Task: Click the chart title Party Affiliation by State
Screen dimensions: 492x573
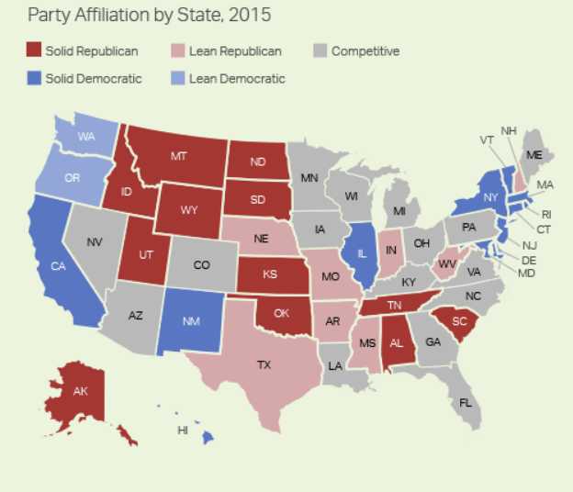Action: pyautogui.click(x=149, y=16)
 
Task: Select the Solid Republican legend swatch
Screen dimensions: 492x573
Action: pyautogui.click(x=33, y=51)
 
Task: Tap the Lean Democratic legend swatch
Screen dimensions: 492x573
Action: pyautogui.click(x=176, y=79)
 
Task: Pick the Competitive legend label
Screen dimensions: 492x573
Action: pyautogui.click(x=365, y=51)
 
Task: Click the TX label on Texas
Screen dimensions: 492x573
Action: pyautogui.click(x=264, y=364)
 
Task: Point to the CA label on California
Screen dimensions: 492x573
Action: pyautogui.click(x=57, y=266)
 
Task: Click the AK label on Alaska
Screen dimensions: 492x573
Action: pyautogui.click(x=80, y=391)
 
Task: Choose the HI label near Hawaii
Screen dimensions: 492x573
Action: pyautogui.click(x=183, y=430)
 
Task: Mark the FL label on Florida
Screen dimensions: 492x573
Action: pyautogui.click(x=466, y=402)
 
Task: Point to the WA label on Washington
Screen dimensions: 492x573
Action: pyautogui.click(x=86, y=136)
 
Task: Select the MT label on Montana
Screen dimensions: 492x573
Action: pyautogui.click(x=179, y=156)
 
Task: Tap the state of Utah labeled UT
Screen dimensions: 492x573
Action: pyautogui.click(x=146, y=254)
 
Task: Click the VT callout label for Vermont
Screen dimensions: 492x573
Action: pyautogui.click(x=486, y=140)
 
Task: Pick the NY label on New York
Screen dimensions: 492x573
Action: pyautogui.click(x=490, y=197)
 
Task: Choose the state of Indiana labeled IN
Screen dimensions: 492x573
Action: pyautogui.click(x=391, y=250)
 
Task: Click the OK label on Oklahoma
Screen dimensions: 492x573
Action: pyautogui.click(x=281, y=313)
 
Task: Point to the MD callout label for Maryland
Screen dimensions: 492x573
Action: pyautogui.click(x=526, y=274)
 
